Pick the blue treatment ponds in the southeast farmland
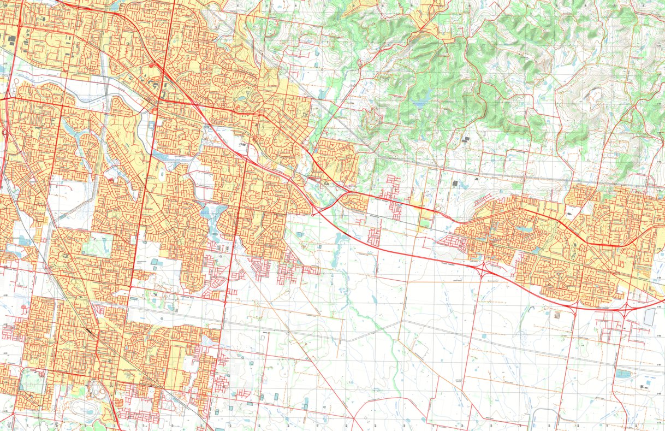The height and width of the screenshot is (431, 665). click(622, 374)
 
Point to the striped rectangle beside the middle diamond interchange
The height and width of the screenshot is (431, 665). click(556, 315)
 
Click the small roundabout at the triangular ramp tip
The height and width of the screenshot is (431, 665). click(313, 214)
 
